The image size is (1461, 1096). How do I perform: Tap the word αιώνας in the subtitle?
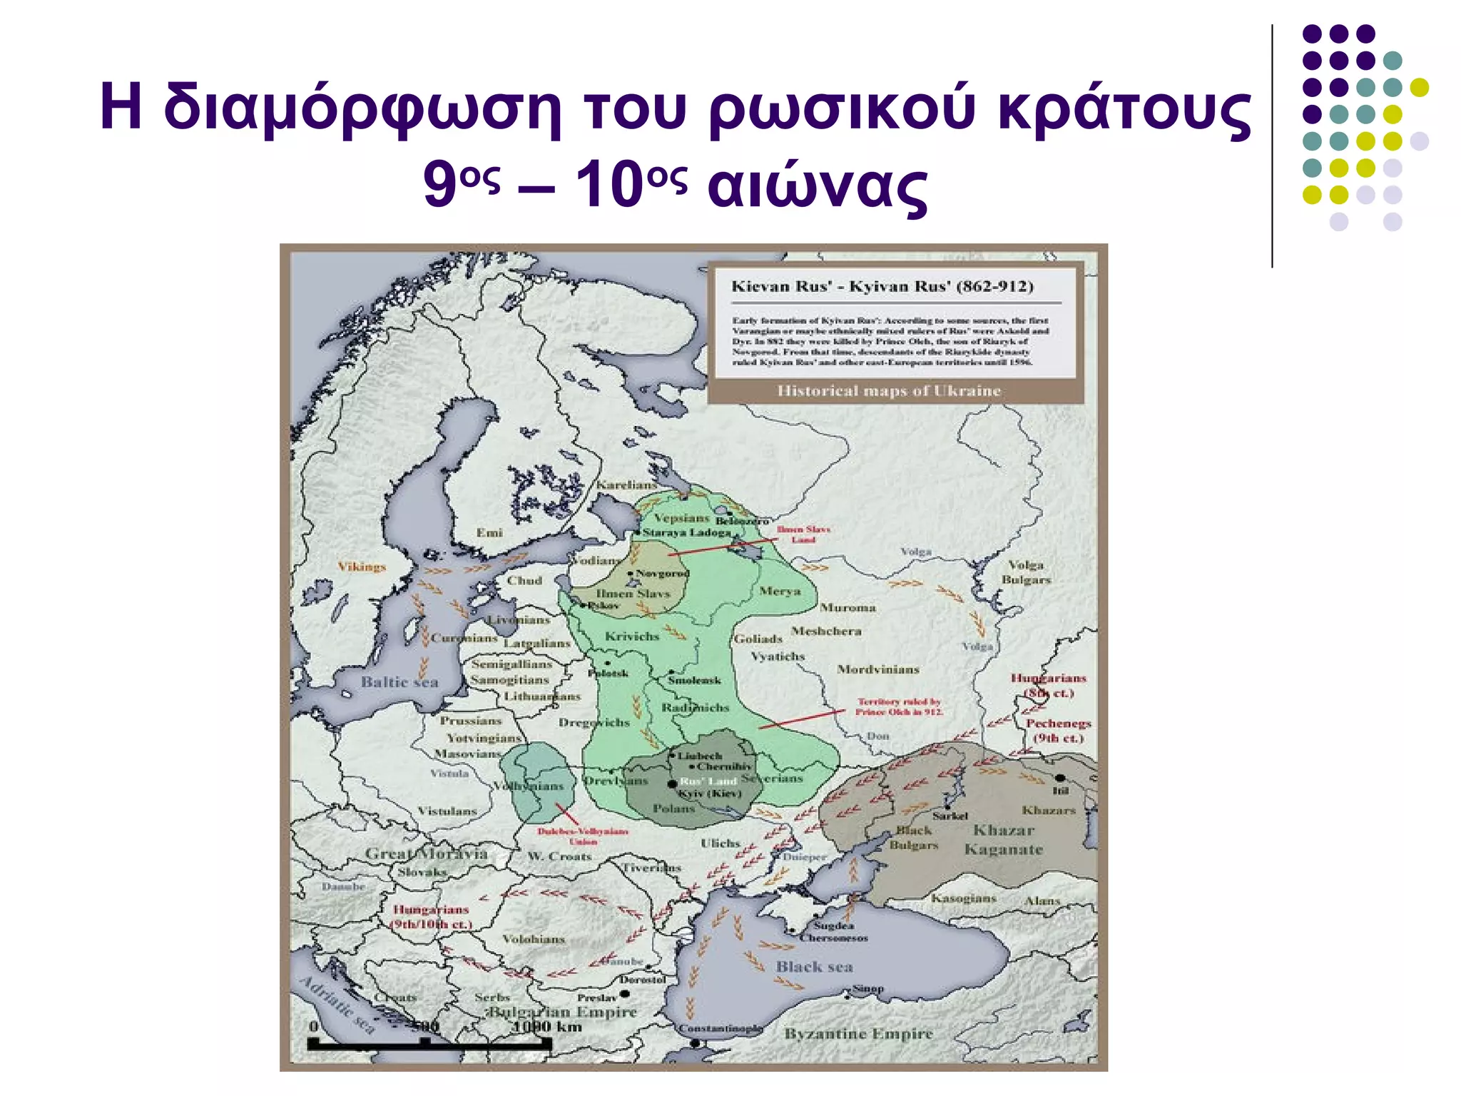coord(818,186)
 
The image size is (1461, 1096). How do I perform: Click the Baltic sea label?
coord(399,681)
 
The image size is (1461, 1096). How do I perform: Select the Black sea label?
coord(814,966)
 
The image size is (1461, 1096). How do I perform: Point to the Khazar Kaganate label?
coord(1003,840)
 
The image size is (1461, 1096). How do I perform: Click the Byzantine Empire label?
coord(858,1033)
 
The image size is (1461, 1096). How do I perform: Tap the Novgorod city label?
coord(662,573)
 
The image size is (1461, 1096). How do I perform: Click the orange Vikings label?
coord(362,567)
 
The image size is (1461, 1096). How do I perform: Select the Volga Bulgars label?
coord(1026,572)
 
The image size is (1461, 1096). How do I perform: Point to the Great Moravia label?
coord(426,853)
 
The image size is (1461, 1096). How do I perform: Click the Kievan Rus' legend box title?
coord(882,286)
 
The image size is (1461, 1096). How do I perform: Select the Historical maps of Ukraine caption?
coord(888,390)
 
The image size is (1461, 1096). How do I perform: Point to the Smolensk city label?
coord(694,680)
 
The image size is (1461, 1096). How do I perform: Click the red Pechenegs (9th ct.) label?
coord(1058,730)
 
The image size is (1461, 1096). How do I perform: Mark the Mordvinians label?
coord(877,669)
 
